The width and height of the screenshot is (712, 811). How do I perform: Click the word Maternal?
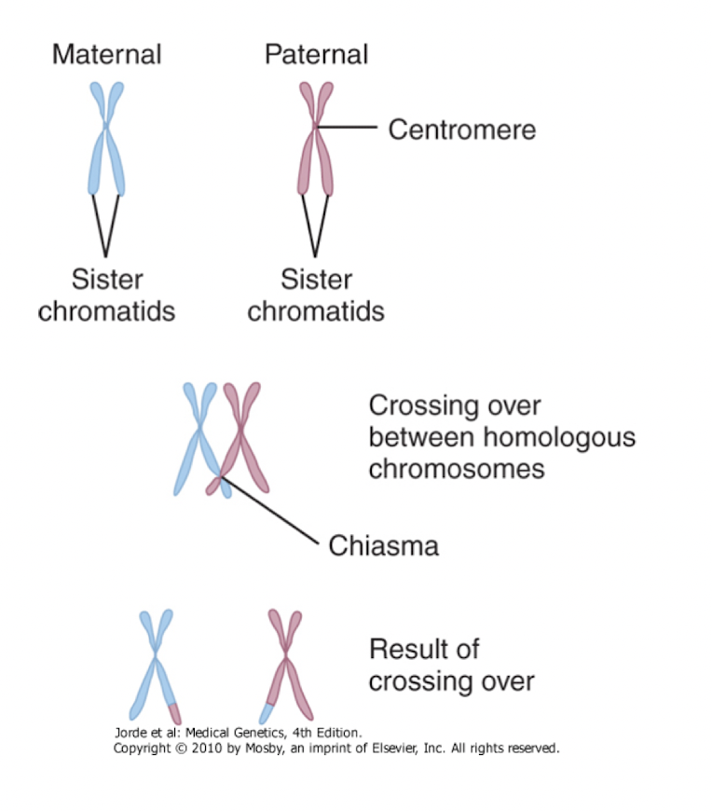[106, 54]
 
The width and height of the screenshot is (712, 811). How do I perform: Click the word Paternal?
[316, 54]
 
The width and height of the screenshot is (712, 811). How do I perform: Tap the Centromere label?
[461, 129]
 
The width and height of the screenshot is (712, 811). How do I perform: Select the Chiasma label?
[383, 544]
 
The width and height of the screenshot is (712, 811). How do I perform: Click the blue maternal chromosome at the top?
[106, 140]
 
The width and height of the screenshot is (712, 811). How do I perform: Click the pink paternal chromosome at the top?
[317, 140]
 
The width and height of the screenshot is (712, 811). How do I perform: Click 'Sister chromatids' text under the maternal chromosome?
[106, 295]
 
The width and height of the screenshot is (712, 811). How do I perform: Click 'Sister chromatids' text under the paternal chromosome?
[316, 295]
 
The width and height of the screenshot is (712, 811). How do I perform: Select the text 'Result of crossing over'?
[451, 665]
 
